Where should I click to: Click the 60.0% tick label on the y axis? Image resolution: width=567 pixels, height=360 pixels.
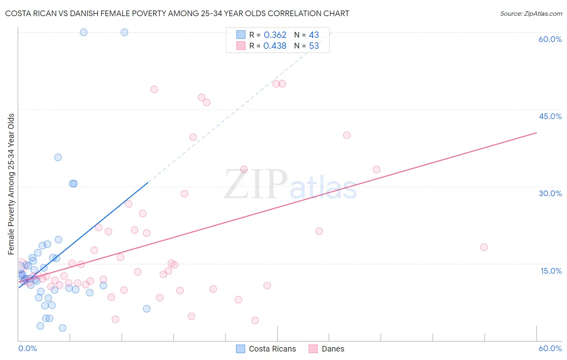(x=550, y=39)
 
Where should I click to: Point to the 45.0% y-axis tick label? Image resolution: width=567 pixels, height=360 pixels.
(x=550, y=116)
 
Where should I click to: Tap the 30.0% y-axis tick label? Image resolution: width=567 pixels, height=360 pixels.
(x=550, y=193)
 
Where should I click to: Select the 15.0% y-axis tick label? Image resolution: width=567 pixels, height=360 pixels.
(x=551, y=271)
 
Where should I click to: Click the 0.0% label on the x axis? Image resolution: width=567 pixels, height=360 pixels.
(x=27, y=348)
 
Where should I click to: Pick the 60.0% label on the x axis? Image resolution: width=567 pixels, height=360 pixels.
(x=550, y=348)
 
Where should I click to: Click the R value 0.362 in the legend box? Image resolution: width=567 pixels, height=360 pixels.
(x=275, y=35)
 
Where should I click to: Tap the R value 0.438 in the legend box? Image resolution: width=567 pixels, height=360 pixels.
(x=275, y=46)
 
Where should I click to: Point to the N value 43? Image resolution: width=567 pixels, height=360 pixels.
(x=314, y=35)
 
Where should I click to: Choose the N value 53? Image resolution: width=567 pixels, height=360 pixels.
(x=314, y=46)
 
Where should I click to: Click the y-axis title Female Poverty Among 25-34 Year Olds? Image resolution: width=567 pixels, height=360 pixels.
(x=11, y=184)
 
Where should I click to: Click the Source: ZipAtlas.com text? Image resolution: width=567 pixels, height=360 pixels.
(x=531, y=14)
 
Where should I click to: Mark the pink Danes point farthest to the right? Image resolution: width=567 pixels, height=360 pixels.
(x=484, y=247)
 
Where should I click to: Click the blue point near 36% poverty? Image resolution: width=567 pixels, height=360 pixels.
(x=58, y=157)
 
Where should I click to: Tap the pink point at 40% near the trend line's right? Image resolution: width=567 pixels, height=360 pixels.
(x=347, y=135)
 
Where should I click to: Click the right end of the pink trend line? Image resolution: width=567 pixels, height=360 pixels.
(x=536, y=132)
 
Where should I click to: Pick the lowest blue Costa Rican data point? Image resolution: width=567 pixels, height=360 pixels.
(x=63, y=328)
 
